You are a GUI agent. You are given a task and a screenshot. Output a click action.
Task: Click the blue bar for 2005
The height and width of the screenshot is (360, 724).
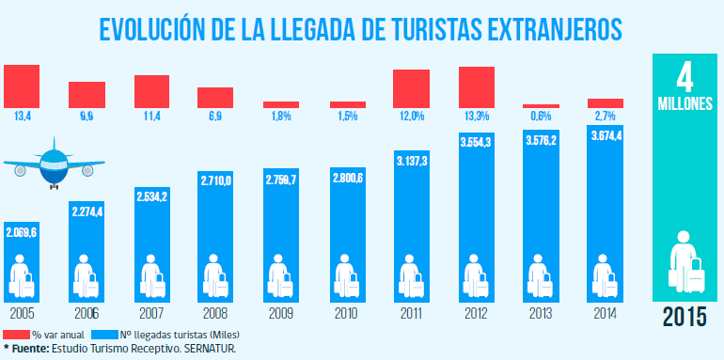(x=22, y=262)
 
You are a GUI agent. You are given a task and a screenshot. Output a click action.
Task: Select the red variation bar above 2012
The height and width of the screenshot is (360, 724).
(x=477, y=87)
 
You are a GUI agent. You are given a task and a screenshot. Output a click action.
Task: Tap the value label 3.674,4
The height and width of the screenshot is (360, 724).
(x=605, y=136)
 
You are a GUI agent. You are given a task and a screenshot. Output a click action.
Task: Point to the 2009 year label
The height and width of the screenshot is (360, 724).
(x=281, y=314)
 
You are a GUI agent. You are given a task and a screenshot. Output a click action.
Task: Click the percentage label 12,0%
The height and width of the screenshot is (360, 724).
(x=412, y=117)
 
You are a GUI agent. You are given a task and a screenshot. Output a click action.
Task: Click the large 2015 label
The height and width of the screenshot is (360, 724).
(x=685, y=317)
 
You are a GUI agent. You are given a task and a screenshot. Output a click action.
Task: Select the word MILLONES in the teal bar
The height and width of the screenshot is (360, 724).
(x=685, y=103)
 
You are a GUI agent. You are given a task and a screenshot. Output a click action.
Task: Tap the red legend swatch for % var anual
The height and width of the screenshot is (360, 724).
(x=16, y=335)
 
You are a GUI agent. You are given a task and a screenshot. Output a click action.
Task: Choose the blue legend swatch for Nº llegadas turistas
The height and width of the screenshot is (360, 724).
(x=103, y=335)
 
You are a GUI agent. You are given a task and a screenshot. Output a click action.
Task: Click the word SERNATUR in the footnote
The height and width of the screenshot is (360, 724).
(x=215, y=348)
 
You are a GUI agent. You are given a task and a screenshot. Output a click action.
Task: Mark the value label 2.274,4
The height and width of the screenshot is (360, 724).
(x=87, y=211)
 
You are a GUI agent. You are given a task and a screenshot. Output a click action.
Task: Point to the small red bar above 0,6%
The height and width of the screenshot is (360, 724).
(x=542, y=106)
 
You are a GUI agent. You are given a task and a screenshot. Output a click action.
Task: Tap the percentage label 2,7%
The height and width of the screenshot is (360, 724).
(x=605, y=117)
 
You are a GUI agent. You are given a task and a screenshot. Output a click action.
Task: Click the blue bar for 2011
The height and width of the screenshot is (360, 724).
(x=412, y=227)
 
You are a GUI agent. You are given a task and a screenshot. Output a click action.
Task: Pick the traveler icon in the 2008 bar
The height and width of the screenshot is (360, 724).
(x=215, y=276)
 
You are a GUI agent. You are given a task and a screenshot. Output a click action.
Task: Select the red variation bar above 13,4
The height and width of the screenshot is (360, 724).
(x=22, y=86)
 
